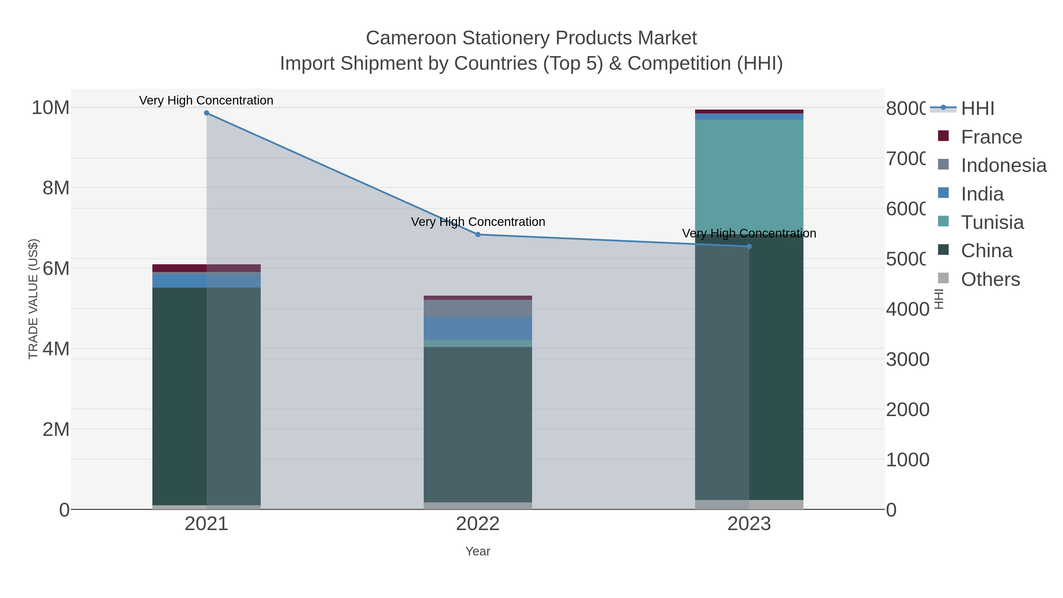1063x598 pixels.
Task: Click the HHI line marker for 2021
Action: pos(206,113)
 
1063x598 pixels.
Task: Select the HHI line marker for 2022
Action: pos(478,234)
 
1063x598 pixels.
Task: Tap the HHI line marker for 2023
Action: pos(749,246)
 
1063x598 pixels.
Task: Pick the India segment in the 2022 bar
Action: pos(478,328)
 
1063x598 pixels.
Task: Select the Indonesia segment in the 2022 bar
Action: pos(478,308)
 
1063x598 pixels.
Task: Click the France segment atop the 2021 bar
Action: pos(206,268)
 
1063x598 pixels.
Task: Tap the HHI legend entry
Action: pos(977,109)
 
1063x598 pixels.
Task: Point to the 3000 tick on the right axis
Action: pos(907,359)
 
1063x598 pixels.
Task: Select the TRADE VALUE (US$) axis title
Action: pos(33,299)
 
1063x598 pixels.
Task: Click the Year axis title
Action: pos(478,551)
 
